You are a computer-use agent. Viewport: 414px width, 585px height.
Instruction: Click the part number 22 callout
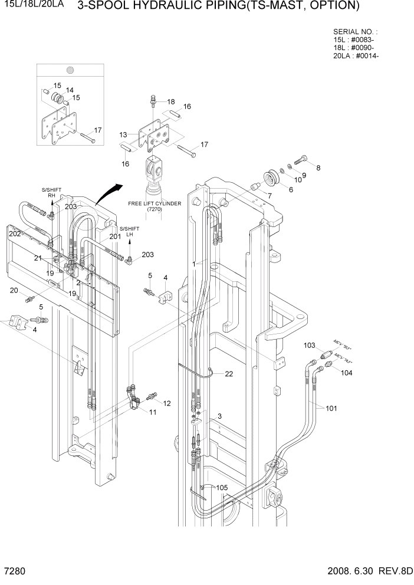229,374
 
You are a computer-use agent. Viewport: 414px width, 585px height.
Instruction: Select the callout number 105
222,488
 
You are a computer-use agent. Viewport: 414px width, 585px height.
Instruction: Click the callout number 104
346,373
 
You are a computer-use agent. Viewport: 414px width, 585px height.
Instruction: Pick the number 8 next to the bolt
318,167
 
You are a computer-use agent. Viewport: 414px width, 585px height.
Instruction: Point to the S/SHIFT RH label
51,193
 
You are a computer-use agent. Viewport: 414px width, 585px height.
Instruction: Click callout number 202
15,234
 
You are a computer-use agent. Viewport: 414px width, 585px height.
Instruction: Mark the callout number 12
167,403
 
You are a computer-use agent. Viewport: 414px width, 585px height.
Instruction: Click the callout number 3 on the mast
219,416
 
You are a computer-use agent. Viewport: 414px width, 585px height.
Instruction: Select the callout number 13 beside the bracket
124,134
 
